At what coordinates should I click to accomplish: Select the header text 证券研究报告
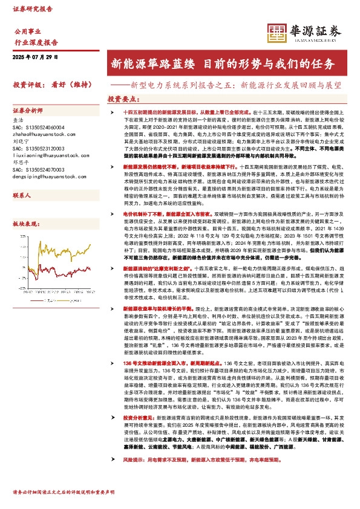click(33, 9)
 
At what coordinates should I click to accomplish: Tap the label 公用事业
click(27, 30)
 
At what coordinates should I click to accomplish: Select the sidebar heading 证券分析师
click(28, 111)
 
